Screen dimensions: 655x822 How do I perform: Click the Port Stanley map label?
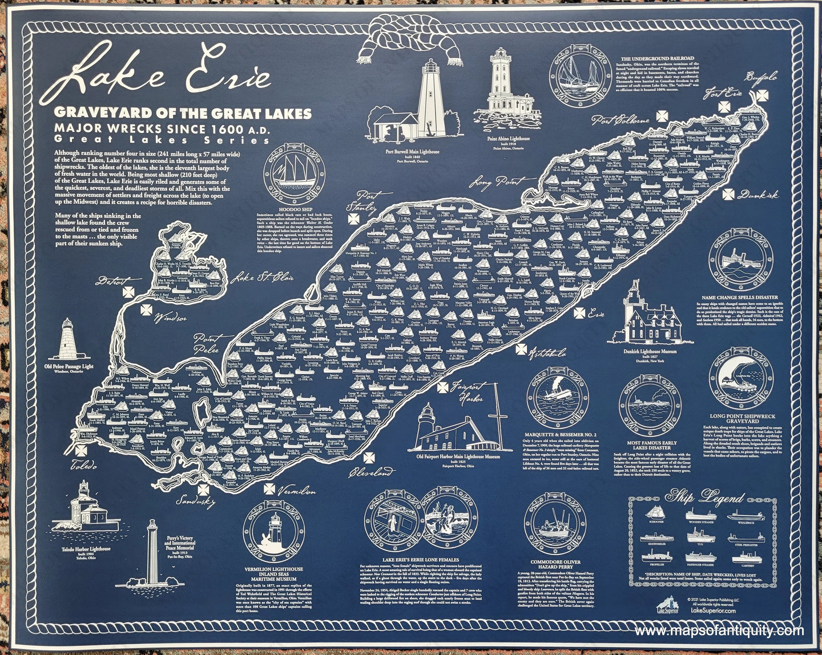(x=366, y=203)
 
